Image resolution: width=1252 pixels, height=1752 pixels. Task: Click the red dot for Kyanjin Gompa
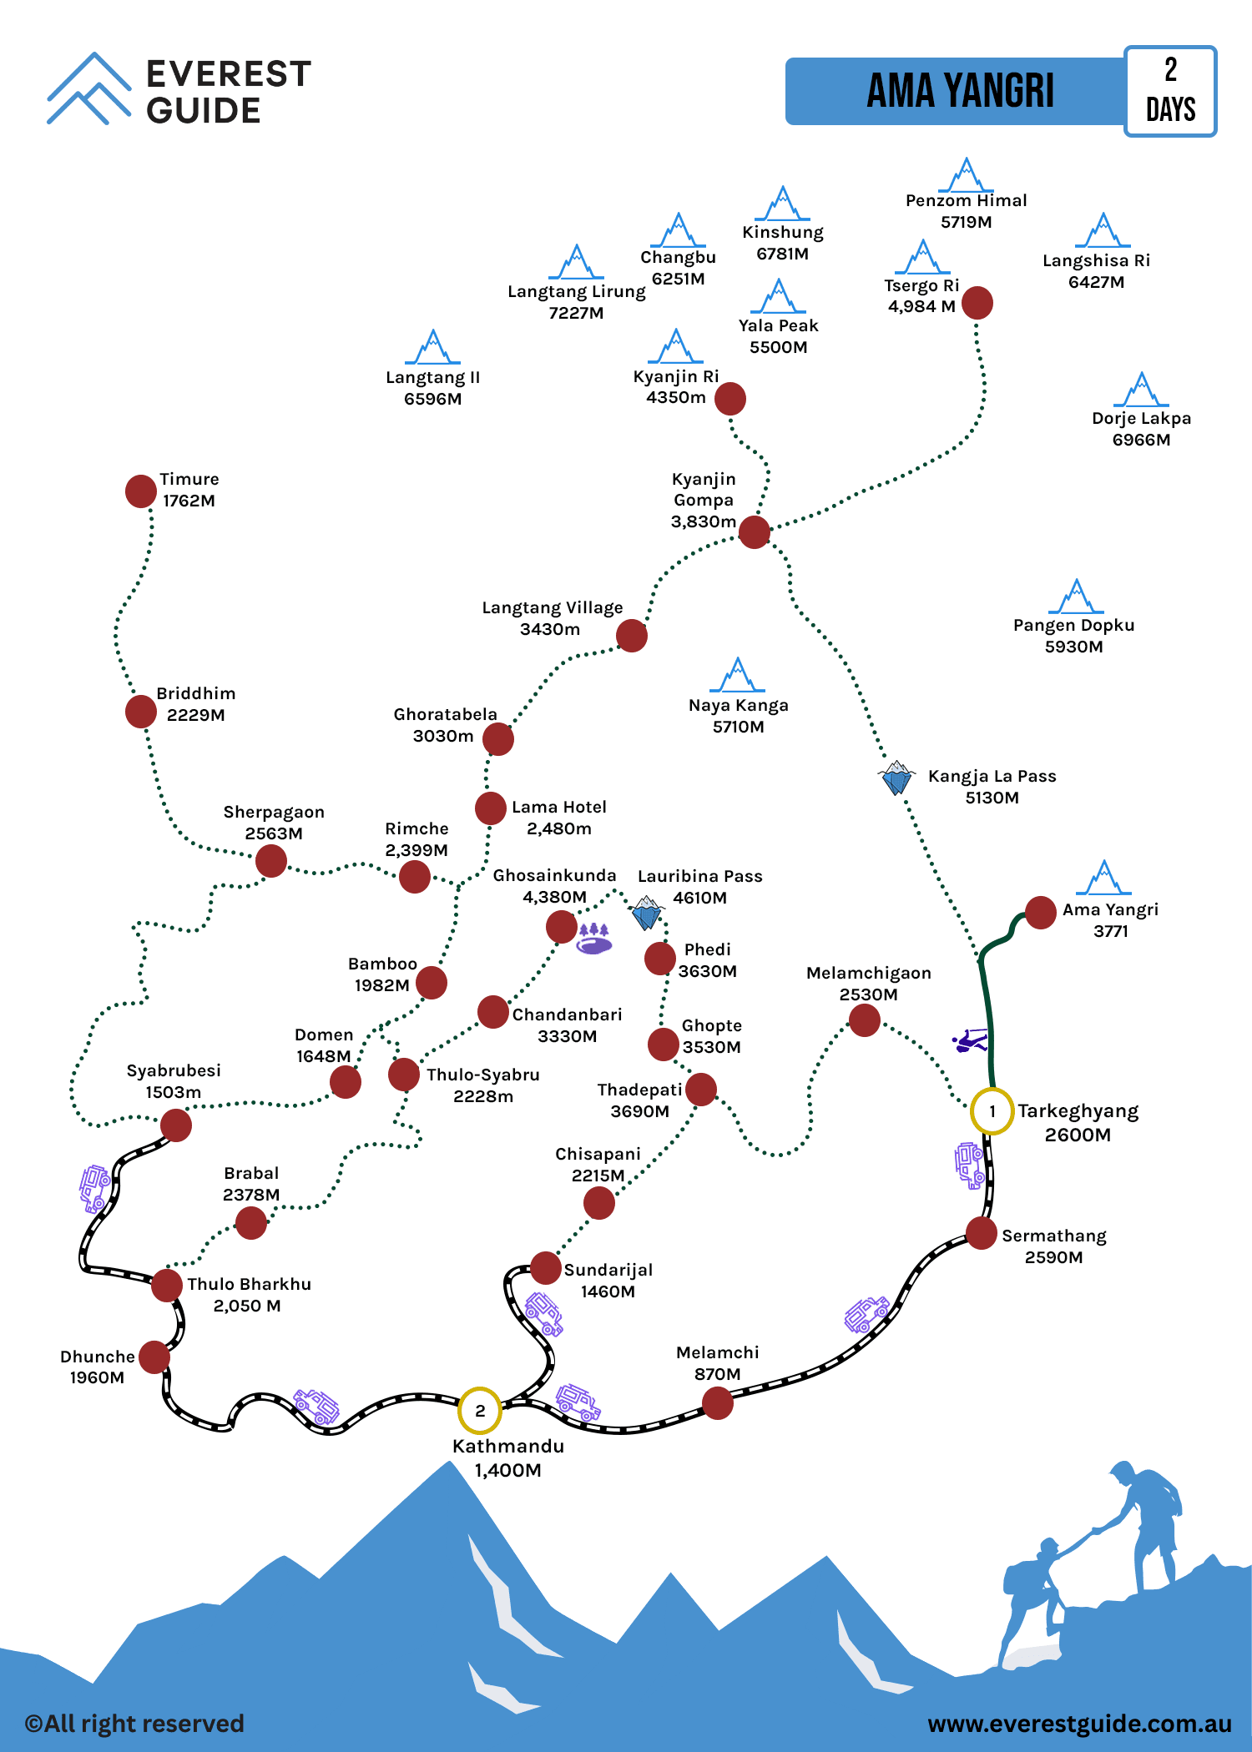point(754,532)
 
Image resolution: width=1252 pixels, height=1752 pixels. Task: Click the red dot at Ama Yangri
point(1040,913)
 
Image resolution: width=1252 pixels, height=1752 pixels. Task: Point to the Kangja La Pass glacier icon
point(896,777)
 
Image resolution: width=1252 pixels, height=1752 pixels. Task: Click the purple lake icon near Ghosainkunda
point(593,939)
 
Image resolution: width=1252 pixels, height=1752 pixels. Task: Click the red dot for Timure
point(141,491)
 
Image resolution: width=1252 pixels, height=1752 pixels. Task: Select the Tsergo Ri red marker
point(977,303)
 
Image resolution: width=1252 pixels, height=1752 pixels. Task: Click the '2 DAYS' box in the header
point(1170,91)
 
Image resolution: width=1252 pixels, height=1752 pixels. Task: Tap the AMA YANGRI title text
point(960,91)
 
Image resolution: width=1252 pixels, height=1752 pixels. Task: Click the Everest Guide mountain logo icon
point(88,88)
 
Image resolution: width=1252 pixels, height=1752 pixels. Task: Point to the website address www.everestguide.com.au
point(1079,1724)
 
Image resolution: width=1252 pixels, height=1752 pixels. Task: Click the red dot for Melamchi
point(718,1403)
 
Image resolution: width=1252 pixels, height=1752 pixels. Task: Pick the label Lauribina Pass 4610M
point(700,887)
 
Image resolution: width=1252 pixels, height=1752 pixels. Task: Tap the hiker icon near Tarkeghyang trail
point(970,1040)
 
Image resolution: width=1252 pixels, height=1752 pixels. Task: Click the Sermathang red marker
point(982,1233)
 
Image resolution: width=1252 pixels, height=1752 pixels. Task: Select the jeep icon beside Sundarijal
point(544,1314)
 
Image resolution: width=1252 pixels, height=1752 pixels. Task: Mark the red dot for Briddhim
point(141,712)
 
